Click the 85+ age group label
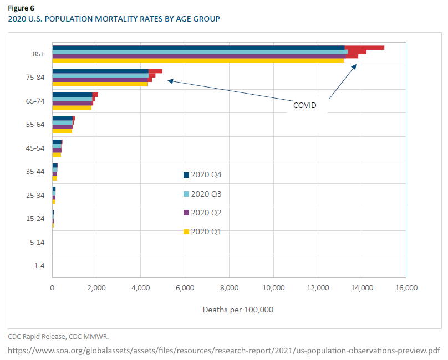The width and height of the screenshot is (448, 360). click(x=39, y=54)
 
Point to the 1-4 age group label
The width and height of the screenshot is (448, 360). click(x=39, y=265)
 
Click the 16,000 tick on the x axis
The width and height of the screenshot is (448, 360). click(x=406, y=288)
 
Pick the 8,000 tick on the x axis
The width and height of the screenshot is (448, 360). click(x=229, y=288)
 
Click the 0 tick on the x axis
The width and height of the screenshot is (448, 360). click(x=52, y=288)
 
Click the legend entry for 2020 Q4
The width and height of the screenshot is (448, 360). click(x=202, y=175)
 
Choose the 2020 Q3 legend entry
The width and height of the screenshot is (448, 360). click(x=202, y=194)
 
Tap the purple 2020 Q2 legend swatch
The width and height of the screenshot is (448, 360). click(x=186, y=213)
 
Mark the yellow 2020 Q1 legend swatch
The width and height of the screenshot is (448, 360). click(x=186, y=232)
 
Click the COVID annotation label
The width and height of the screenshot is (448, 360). click(x=304, y=105)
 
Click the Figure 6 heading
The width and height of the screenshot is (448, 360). click(x=21, y=8)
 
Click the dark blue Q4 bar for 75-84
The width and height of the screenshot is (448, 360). click(x=100, y=71)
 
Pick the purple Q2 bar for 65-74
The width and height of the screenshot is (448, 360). click(x=72, y=103)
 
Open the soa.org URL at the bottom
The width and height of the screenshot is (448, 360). click(x=224, y=351)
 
